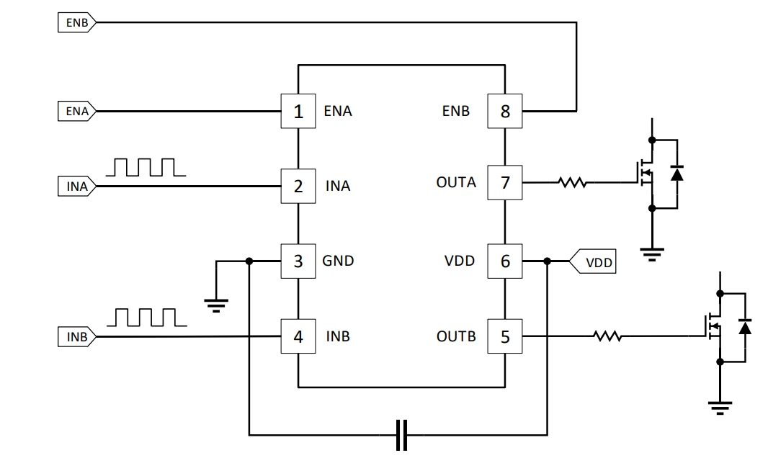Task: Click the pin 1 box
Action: (298, 112)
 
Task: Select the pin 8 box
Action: (505, 112)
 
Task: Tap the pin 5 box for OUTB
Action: (505, 336)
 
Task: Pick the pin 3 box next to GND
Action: (298, 261)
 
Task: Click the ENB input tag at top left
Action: (76, 22)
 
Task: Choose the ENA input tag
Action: (76, 112)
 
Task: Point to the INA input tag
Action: (76, 187)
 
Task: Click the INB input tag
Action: (76, 336)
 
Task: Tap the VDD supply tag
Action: (592, 262)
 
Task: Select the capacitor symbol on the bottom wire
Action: (402, 435)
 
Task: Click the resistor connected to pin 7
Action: (572, 183)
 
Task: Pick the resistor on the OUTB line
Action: (607, 336)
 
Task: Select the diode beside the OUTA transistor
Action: (677, 174)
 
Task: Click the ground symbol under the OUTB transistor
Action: (719, 408)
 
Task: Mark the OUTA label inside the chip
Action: (456, 183)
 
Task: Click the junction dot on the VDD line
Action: (548, 261)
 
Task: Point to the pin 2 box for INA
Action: (298, 187)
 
